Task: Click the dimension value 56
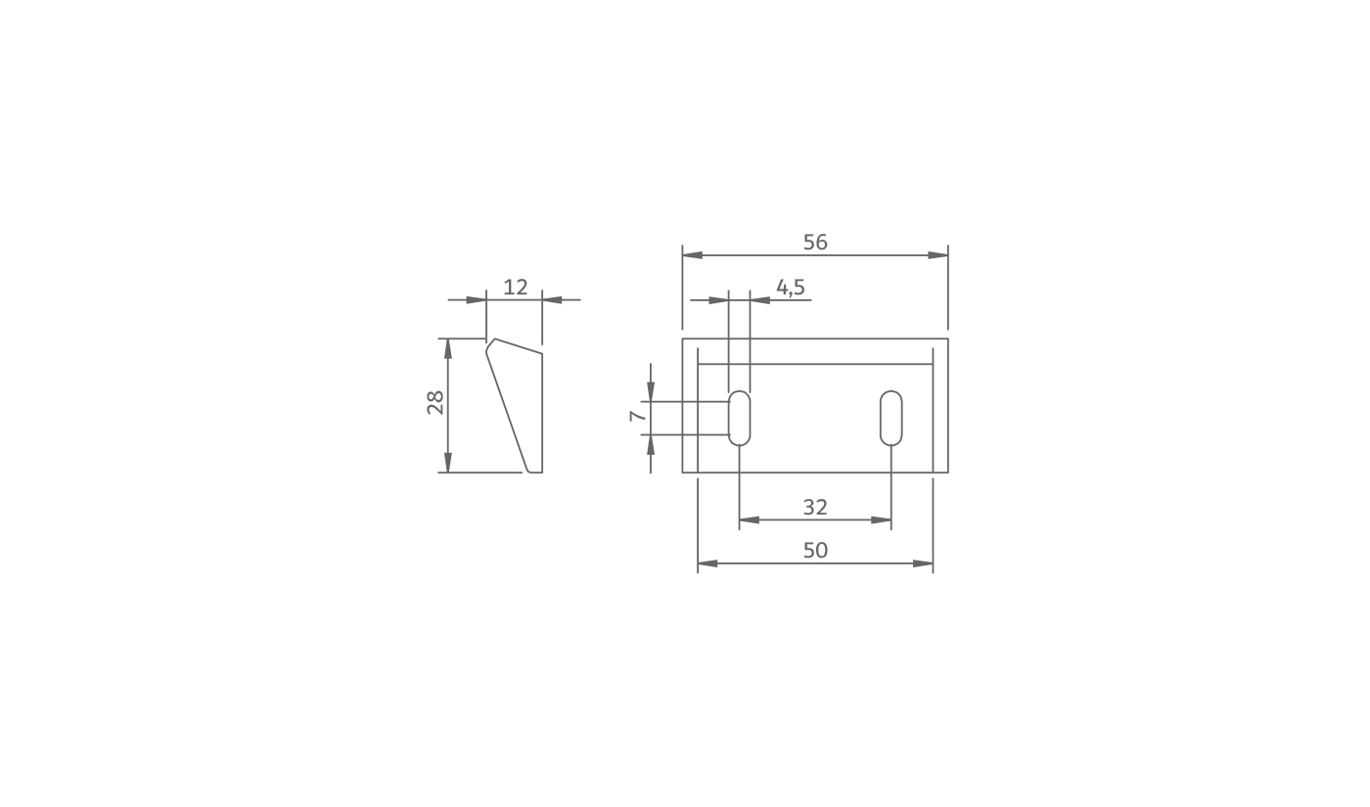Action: tap(815, 243)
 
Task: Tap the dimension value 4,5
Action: tap(791, 287)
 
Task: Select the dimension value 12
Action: tap(515, 287)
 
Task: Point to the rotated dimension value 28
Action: tap(435, 403)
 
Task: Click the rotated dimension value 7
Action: tap(637, 416)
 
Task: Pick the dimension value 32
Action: tap(815, 508)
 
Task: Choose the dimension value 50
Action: tap(815, 551)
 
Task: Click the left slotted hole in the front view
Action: tap(740, 419)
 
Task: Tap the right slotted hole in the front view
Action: tap(891, 419)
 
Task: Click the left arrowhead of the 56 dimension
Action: tap(693, 255)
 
